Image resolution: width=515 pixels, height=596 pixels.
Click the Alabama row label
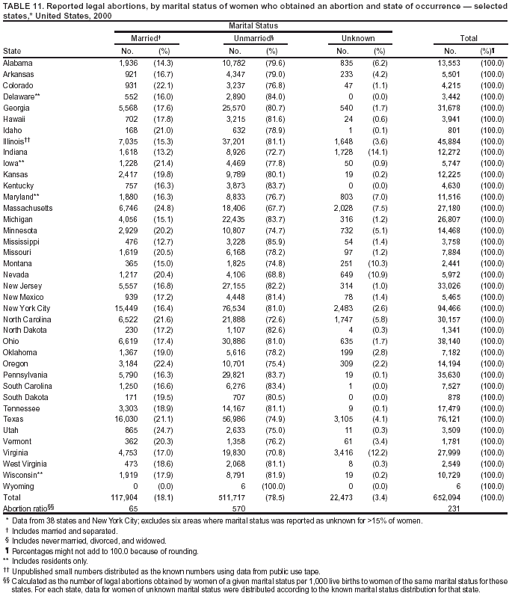click(18, 63)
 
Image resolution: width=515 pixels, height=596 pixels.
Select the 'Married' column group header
click(144, 37)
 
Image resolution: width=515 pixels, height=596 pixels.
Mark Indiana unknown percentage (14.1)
click(378, 152)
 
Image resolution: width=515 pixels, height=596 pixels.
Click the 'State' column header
click(12, 51)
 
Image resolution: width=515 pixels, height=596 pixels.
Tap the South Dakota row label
click(25, 396)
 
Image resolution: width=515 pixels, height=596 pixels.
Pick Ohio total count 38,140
click(458, 341)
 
